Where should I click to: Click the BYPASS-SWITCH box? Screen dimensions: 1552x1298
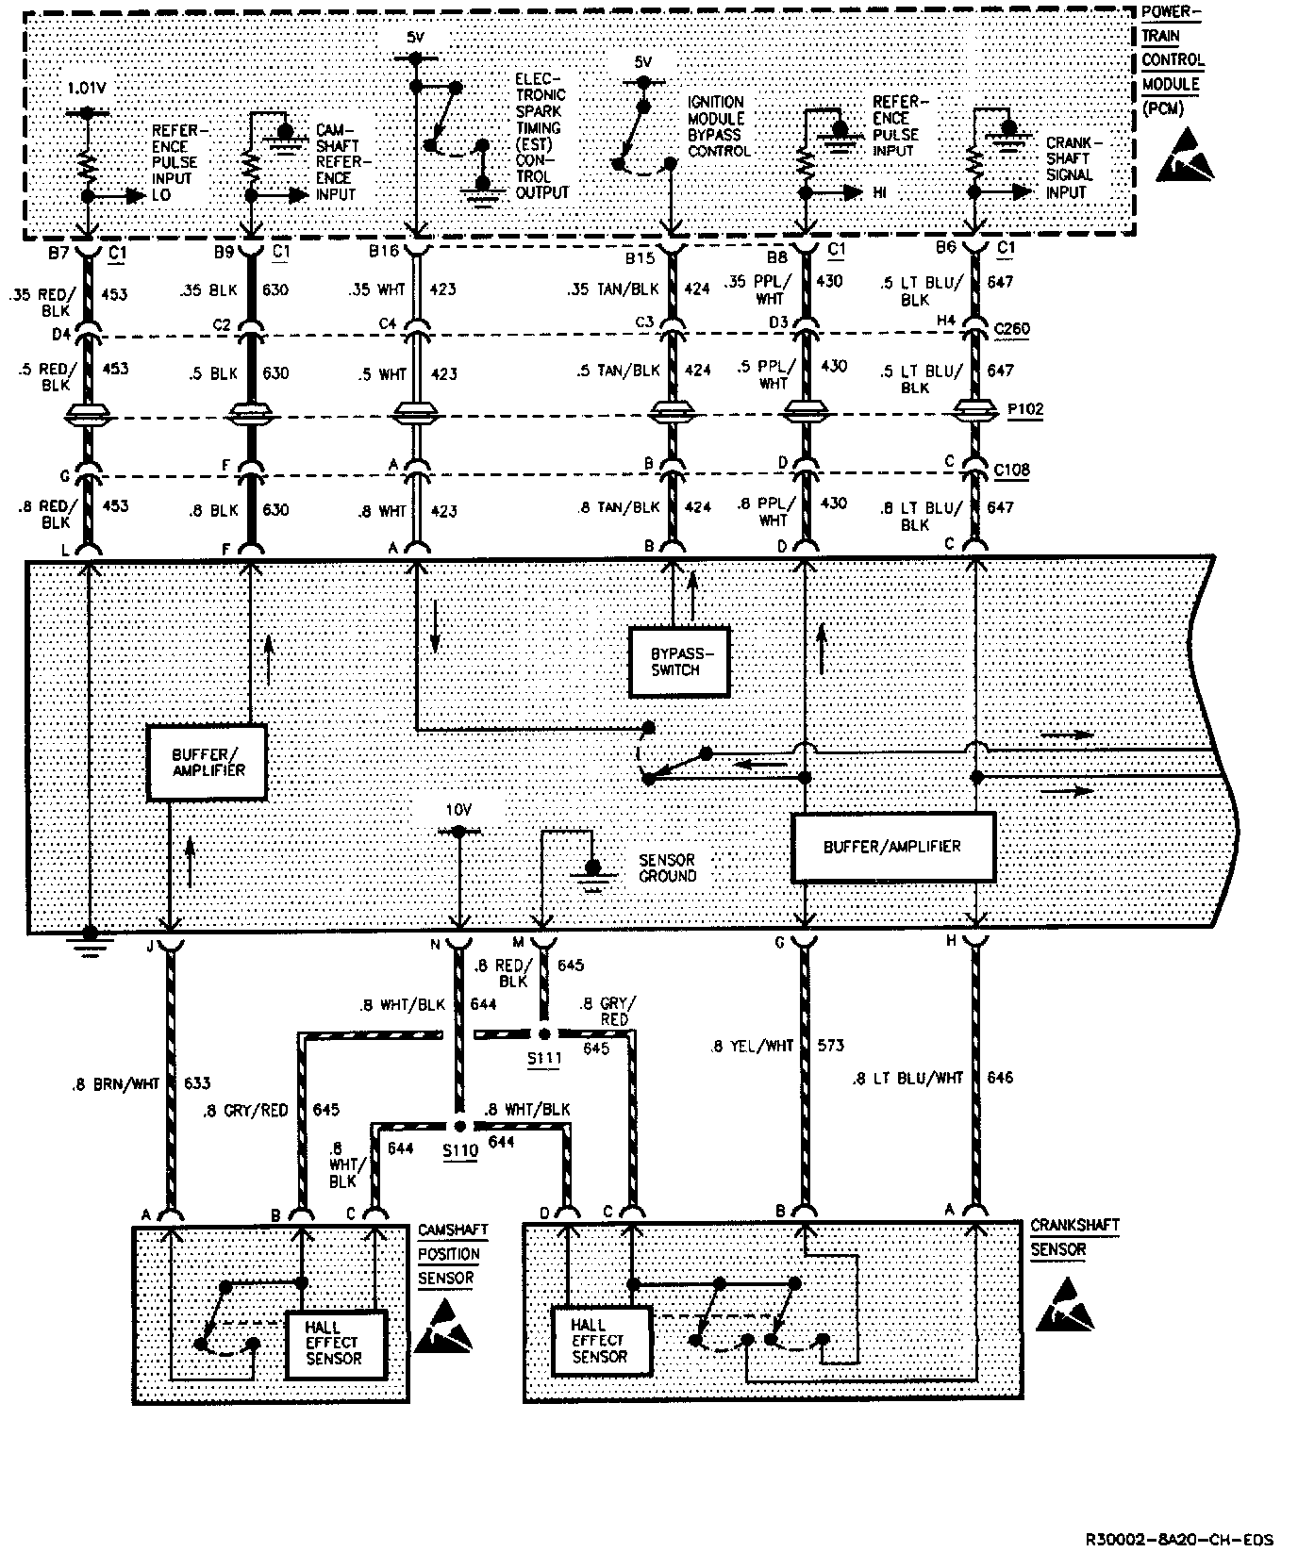(x=679, y=661)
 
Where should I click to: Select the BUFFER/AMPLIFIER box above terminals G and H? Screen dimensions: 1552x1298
(x=891, y=847)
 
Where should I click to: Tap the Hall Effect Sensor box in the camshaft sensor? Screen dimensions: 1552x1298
(x=335, y=1344)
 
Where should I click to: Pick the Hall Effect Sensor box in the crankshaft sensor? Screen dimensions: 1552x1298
(x=600, y=1340)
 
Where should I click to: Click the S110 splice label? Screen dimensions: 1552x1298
(x=461, y=1150)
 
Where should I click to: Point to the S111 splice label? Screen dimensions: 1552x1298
(x=544, y=1058)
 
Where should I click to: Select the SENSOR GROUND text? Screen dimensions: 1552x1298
(x=667, y=867)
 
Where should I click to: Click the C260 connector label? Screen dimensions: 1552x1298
(x=1011, y=329)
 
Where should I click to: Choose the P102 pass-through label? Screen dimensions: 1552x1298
(x=1023, y=410)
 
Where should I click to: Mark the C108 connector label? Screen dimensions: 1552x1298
(x=1011, y=470)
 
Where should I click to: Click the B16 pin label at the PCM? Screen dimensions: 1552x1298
(x=385, y=252)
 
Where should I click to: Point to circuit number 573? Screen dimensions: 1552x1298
(x=830, y=1045)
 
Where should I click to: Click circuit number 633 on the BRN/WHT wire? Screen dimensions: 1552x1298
(x=196, y=1083)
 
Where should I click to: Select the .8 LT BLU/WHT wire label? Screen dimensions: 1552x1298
(x=907, y=1077)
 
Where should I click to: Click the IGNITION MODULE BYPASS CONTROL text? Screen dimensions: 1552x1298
(x=719, y=126)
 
